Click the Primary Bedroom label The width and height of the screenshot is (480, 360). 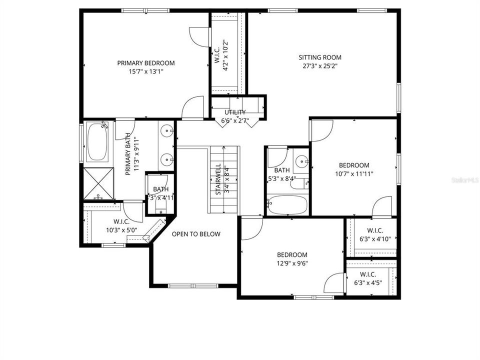[146, 63]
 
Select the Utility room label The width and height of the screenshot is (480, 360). [234, 112]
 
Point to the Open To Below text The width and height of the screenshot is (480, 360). [196, 234]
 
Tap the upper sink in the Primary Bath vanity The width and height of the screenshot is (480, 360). [167, 132]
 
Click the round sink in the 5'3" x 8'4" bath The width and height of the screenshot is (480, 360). [301, 162]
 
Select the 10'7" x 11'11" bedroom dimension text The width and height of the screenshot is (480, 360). [354, 174]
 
